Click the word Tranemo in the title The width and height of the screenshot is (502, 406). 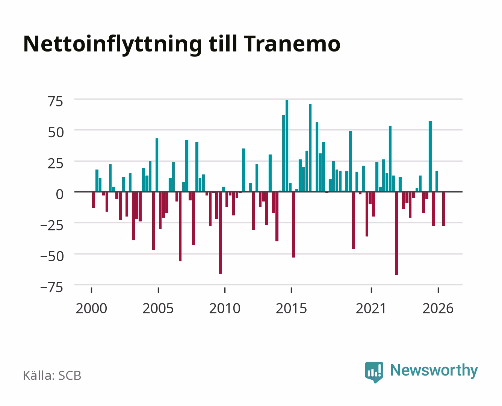pos(292,44)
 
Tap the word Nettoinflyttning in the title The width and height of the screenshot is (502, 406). pos(113,45)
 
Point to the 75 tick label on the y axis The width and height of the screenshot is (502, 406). pos(56,102)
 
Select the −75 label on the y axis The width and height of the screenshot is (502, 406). pos(52,288)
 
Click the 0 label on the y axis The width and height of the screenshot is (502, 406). pos(60,194)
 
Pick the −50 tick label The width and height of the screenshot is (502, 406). pos(52,256)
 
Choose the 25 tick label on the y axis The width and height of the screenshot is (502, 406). pos(56,164)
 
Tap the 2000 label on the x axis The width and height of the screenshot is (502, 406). pos(91,308)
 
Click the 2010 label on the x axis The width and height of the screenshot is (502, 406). pos(225,308)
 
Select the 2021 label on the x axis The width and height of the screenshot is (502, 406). pos(371,308)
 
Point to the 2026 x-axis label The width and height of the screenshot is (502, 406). pos(438,308)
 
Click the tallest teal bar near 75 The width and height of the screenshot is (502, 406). pos(287,146)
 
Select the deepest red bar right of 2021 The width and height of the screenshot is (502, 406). pos(397,233)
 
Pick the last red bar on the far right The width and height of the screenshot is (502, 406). pos(443,209)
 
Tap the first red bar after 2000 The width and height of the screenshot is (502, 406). pos(94,200)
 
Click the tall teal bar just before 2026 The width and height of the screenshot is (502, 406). pos(430,156)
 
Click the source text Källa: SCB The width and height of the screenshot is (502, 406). pos(52,375)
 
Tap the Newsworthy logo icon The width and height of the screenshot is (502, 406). pos(374,372)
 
